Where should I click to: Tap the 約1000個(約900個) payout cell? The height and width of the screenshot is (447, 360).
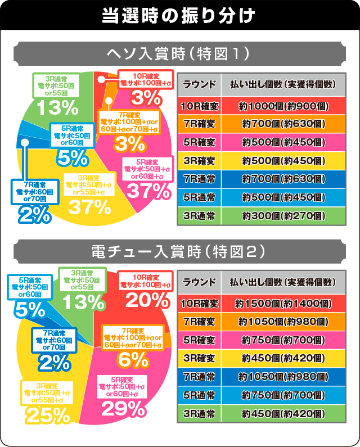283,106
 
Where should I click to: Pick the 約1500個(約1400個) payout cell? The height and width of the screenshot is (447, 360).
283,304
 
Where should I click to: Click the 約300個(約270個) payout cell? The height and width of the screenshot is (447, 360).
283,215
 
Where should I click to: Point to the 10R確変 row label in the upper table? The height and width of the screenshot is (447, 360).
199,106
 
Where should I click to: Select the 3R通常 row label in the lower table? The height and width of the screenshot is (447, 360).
199,414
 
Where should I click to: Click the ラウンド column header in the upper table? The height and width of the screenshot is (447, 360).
199,84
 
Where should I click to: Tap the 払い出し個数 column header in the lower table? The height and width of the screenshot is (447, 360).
283,282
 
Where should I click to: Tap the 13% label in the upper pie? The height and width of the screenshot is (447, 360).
55,106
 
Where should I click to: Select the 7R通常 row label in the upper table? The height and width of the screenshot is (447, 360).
199,179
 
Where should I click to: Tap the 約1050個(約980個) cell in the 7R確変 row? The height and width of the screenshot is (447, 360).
283,322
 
